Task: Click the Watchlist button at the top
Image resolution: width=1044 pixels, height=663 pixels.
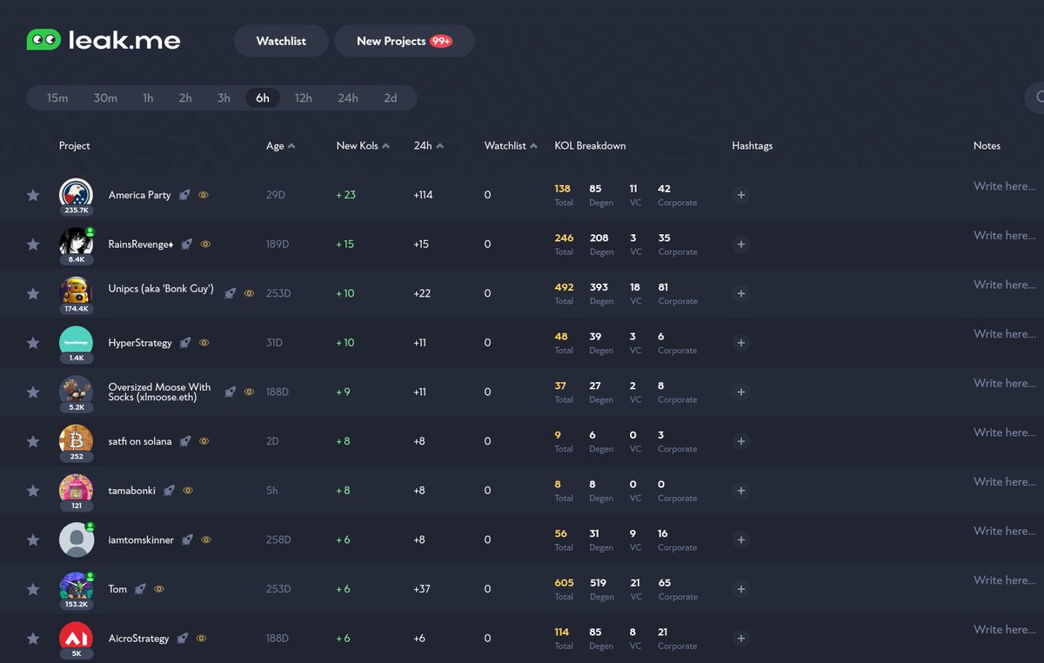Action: tap(281, 41)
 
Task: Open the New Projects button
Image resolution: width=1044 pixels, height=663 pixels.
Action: tap(404, 41)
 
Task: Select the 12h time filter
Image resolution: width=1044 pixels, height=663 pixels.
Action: tap(303, 98)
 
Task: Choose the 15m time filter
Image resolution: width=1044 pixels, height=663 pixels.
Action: tap(57, 98)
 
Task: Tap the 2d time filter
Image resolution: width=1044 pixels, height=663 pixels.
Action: tap(391, 98)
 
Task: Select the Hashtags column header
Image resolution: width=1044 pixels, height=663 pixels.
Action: tap(752, 146)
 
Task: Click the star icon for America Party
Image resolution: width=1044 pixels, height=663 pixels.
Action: tap(33, 195)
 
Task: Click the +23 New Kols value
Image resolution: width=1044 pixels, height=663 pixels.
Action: tap(345, 195)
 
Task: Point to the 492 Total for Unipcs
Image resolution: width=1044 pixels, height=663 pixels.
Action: tap(564, 287)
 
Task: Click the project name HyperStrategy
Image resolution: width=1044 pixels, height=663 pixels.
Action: tap(140, 343)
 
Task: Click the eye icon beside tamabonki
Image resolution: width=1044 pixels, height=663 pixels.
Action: tap(188, 491)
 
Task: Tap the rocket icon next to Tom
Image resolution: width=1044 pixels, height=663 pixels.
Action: tap(140, 589)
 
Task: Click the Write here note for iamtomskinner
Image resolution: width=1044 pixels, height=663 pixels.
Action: tap(1004, 531)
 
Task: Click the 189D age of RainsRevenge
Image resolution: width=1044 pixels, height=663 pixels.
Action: tap(278, 244)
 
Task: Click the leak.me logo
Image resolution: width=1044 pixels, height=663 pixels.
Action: tap(104, 40)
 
